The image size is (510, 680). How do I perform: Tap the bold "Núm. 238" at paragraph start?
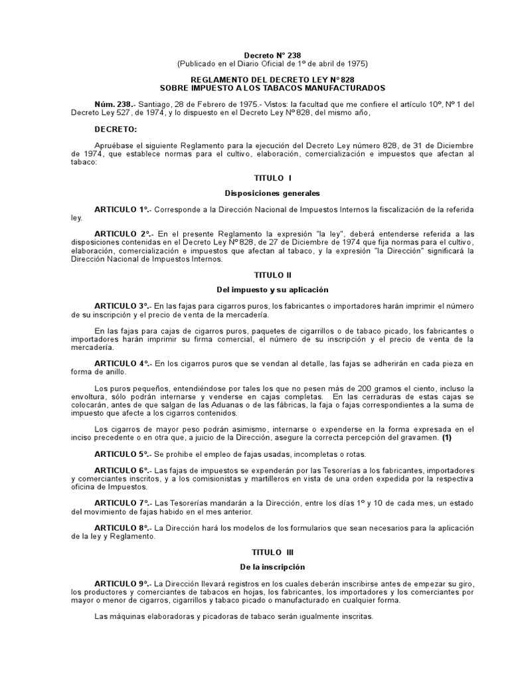pyautogui.click(x=114, y=104)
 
